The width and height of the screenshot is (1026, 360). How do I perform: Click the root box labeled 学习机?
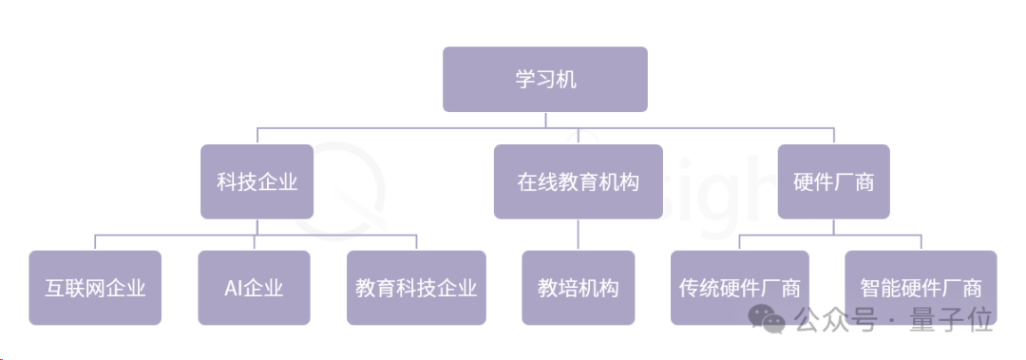(545, 79)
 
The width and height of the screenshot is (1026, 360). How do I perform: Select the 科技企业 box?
(256, 181)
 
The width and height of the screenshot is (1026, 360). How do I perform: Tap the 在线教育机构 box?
(578, 181)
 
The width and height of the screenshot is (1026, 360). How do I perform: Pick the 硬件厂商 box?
(833, 181)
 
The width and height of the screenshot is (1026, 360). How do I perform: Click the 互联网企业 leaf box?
(95, 287)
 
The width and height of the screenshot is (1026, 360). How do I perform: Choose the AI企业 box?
(254, 287)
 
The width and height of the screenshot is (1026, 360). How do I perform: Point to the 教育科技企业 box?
(416, 287)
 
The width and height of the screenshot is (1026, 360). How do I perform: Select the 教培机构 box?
(578, 287)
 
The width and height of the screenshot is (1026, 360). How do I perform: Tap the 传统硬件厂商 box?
(740, 287)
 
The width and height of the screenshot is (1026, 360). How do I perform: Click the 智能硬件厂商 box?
(920, 287)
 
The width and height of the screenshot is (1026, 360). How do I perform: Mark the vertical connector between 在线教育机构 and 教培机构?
(578, 235)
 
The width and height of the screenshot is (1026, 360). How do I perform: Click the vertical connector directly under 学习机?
(545, 120)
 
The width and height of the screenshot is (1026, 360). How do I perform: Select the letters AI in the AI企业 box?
(235, 287)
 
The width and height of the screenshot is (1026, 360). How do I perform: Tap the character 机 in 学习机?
(566, 79)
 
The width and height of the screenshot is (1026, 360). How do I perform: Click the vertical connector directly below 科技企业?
(256, 226)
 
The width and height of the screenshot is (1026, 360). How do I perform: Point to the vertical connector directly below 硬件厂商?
(833, 226)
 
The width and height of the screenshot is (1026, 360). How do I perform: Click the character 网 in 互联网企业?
(95, 287)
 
